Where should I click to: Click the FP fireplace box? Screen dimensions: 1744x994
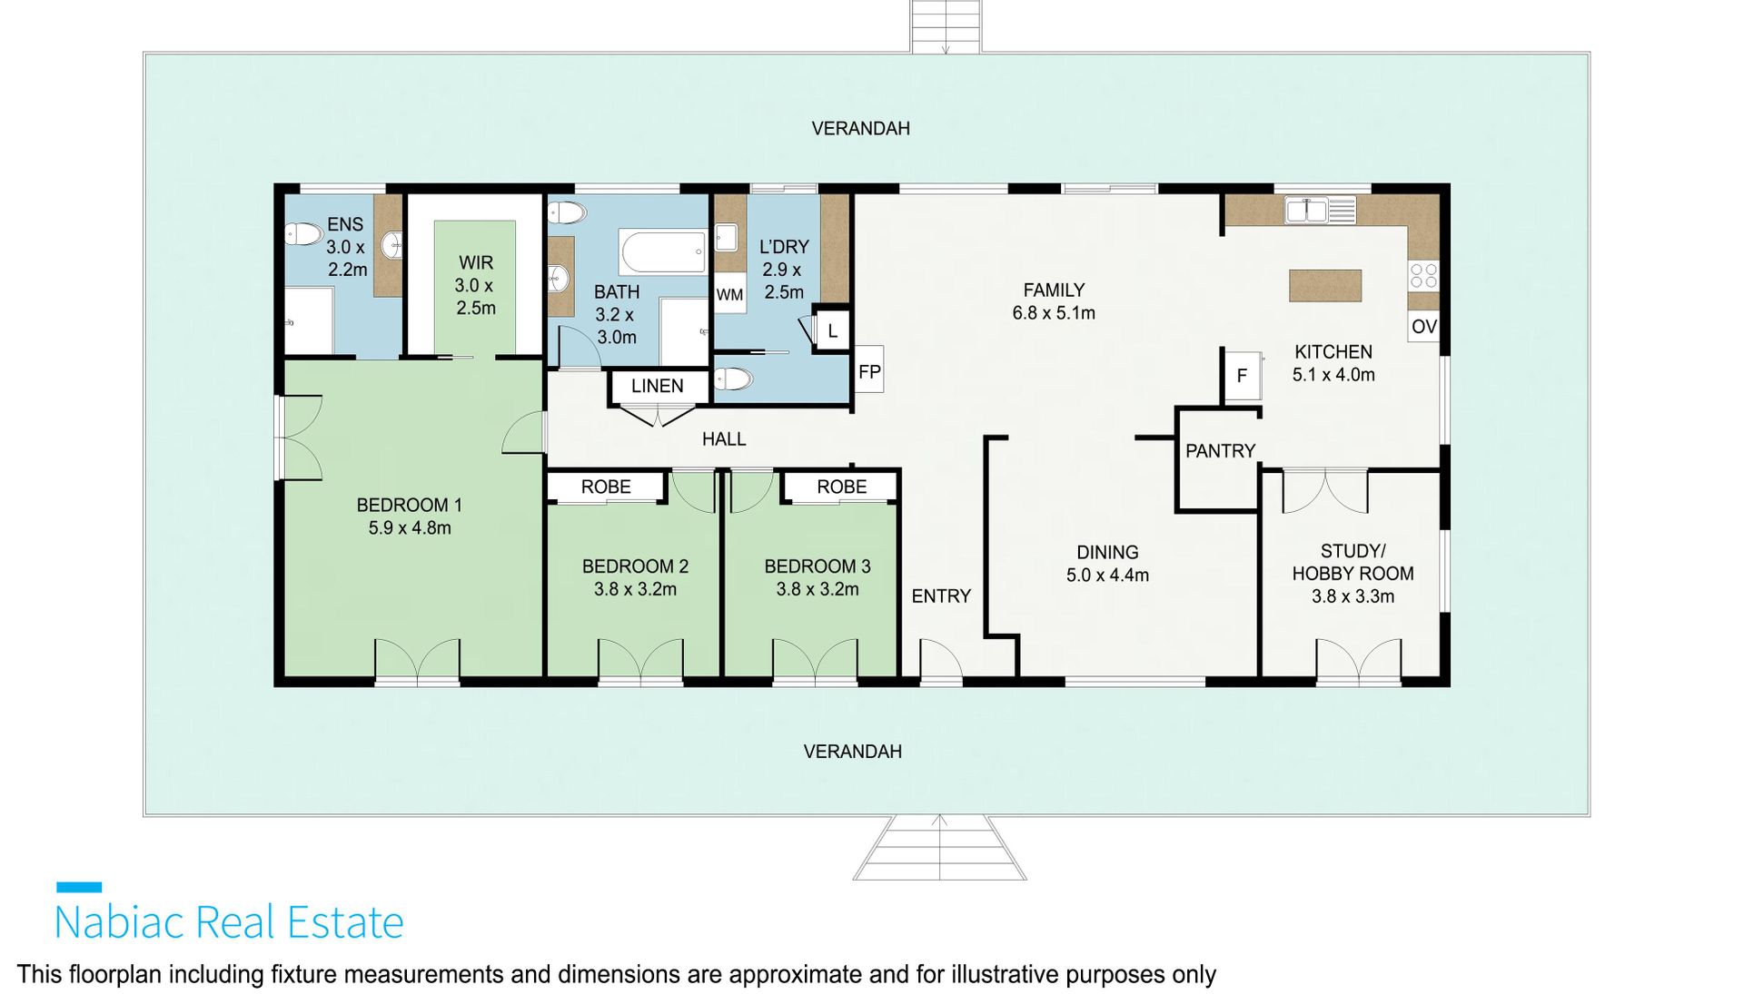[869, 369]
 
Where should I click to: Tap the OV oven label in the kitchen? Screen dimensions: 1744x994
[1423, 327]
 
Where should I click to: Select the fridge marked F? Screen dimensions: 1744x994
[1242, 375]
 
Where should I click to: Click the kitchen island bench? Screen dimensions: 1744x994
[1325, 286]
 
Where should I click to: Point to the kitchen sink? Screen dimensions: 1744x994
[1320, 211]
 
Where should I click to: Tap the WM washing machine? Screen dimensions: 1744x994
[729, 295]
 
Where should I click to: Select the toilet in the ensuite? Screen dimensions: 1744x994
[304, 235]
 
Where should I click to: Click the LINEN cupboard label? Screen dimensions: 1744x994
[658, 386]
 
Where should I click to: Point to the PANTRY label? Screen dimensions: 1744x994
[1220, 451]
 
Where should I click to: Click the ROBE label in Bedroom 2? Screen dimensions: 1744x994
[606, 487]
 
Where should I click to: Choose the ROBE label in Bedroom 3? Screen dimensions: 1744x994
[842, 487]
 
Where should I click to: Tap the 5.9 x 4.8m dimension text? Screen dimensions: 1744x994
[410, 528]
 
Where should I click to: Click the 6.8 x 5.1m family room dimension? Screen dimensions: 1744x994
[1054, 313]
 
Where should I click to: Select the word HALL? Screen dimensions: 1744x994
[724, 439]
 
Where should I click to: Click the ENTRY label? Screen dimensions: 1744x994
[941, 596]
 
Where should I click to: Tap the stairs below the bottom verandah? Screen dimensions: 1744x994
[940, 848]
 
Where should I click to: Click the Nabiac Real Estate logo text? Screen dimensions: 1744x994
[229, 922]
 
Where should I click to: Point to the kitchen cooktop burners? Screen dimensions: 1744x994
[1423, 275]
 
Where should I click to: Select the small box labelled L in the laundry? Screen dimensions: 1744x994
[832, 331]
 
